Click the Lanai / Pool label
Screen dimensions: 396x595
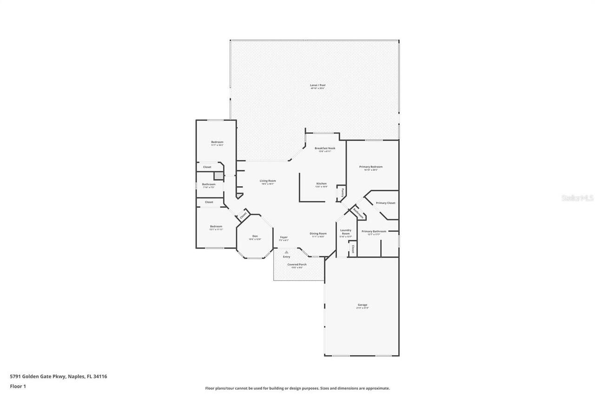(318, 85)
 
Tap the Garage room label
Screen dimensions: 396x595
(362, 305)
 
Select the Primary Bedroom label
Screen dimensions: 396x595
(371, 167)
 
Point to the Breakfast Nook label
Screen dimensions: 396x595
(324, 149)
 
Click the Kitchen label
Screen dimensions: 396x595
(322, 184)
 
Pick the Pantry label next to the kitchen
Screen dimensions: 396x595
(342, 193)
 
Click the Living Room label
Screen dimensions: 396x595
(268, 181)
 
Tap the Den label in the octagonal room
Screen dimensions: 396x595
(255, 236)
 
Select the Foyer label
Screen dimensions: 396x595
(284, 237)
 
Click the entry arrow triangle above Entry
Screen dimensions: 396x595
(287, 252)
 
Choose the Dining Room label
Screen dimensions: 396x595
(318, 234)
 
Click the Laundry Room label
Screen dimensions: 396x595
(346, 232)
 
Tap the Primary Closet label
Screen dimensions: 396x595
(385, 203)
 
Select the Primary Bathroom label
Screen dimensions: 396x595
(374, 231)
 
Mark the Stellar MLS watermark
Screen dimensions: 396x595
(577, 198)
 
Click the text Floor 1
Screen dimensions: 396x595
(18, 386)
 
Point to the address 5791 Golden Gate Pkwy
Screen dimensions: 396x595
(39, 377)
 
